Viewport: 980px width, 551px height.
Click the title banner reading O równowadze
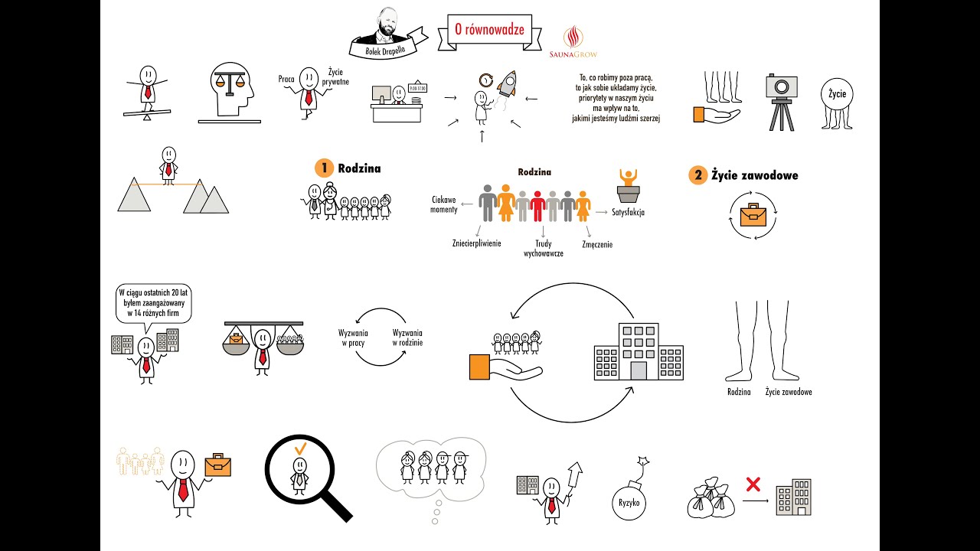(489, 30)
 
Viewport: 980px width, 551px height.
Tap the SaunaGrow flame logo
(573, 37)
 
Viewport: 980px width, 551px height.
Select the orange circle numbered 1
(324, 168)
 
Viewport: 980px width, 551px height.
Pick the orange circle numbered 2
(697, 175)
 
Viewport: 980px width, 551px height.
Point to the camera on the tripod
(782, 103)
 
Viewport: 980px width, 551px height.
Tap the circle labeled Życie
(837, 93)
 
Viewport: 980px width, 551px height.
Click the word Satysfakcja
(628, 213)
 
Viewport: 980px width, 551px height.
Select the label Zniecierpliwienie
(476, 243)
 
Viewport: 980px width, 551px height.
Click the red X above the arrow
(753, 484)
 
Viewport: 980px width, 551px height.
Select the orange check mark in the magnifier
(301, 448)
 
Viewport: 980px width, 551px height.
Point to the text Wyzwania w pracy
(353, 338)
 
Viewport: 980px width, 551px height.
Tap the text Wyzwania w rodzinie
(407, 337)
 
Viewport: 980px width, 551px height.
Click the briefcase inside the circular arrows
(753, 215)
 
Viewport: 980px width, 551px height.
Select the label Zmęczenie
(597, 244)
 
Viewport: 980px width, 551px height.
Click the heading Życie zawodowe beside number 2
(755, 175)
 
